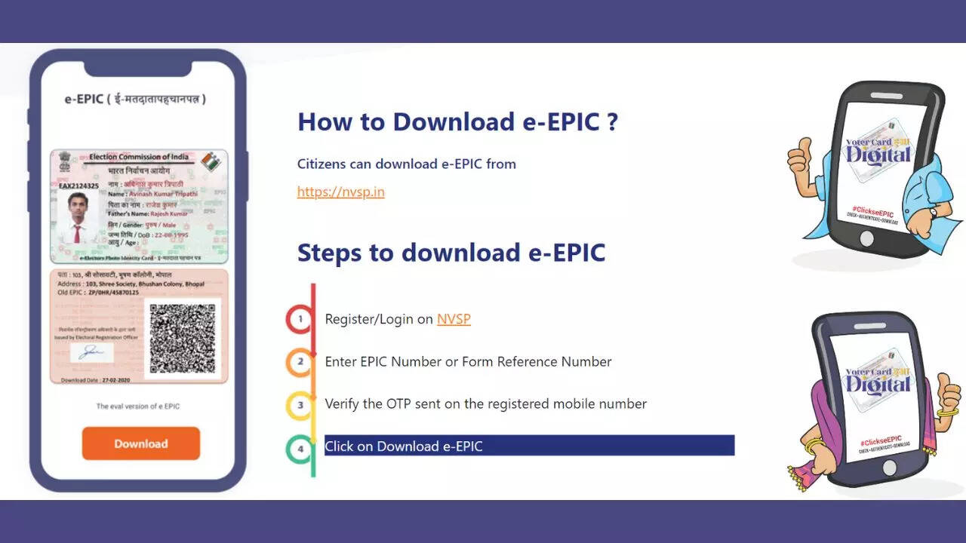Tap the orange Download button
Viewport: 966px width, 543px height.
(x=141, y=443)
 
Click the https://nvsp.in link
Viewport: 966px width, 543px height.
(x=340, y=192)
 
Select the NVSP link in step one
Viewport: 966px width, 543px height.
(x=454, y=319)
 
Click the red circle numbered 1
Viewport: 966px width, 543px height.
(x=300, y=319)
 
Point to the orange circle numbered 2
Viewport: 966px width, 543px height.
(x=300, y=362)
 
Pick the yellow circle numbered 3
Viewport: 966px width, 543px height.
(x=300, y=405)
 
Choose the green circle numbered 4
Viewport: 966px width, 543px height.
(x=300, y=449)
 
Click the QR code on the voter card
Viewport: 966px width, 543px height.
(x=182, y=339)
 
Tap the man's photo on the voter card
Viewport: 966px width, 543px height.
(x=78, y=218)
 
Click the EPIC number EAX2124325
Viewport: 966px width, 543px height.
(x=78, y=186)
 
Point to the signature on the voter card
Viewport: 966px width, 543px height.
(x=92, y=351)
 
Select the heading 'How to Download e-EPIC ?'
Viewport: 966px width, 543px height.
(x=457, y=121)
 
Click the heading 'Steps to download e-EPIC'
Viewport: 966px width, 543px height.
(x=451, y=253)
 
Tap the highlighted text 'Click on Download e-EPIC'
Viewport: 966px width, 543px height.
(x=404, y=446)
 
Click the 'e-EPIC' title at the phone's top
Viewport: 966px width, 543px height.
(x=83, y=99)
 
